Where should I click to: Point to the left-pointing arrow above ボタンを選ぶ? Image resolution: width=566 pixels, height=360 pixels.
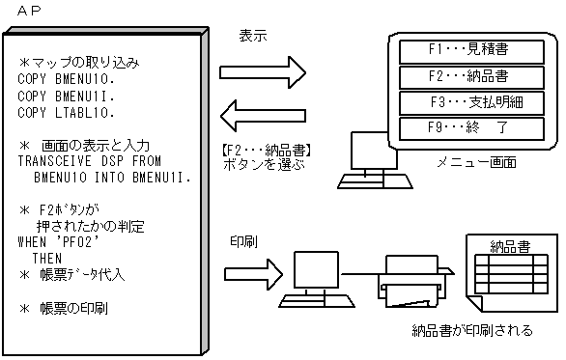click(x=262, y=117)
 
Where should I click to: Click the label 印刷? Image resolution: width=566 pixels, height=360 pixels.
click(x=243, y=239)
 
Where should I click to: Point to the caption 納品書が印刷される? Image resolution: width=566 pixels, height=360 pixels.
click(x=470, y=330)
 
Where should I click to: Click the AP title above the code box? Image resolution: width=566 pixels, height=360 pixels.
click(x=29, y=10)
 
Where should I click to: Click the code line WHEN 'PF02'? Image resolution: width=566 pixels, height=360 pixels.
click(x=60, y=245)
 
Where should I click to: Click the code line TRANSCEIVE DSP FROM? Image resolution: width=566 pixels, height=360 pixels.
click(x=90, y=162)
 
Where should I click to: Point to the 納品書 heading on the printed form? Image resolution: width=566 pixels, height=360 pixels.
click(x=510, y=246)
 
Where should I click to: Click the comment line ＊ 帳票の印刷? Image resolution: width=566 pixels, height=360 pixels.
click(x=64, y=309)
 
